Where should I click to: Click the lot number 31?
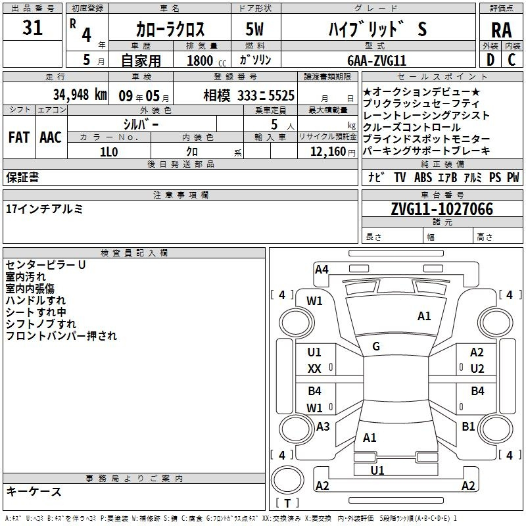click(x=32, y=28)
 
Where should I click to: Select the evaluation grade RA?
click(x=502, y=30)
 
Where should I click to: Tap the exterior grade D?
click(x=490, y=60)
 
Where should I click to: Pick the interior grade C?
click(x=512, y=60)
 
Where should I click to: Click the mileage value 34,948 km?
click(x=80, y=95)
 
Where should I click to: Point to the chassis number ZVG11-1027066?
click(x=442, y=209)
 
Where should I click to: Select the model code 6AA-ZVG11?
click(x=377, y=60)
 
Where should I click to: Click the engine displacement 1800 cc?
click(x=206, y=60)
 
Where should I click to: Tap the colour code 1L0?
click(x=109, y=152)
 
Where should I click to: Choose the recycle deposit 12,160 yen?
click(x=333, y=152)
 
